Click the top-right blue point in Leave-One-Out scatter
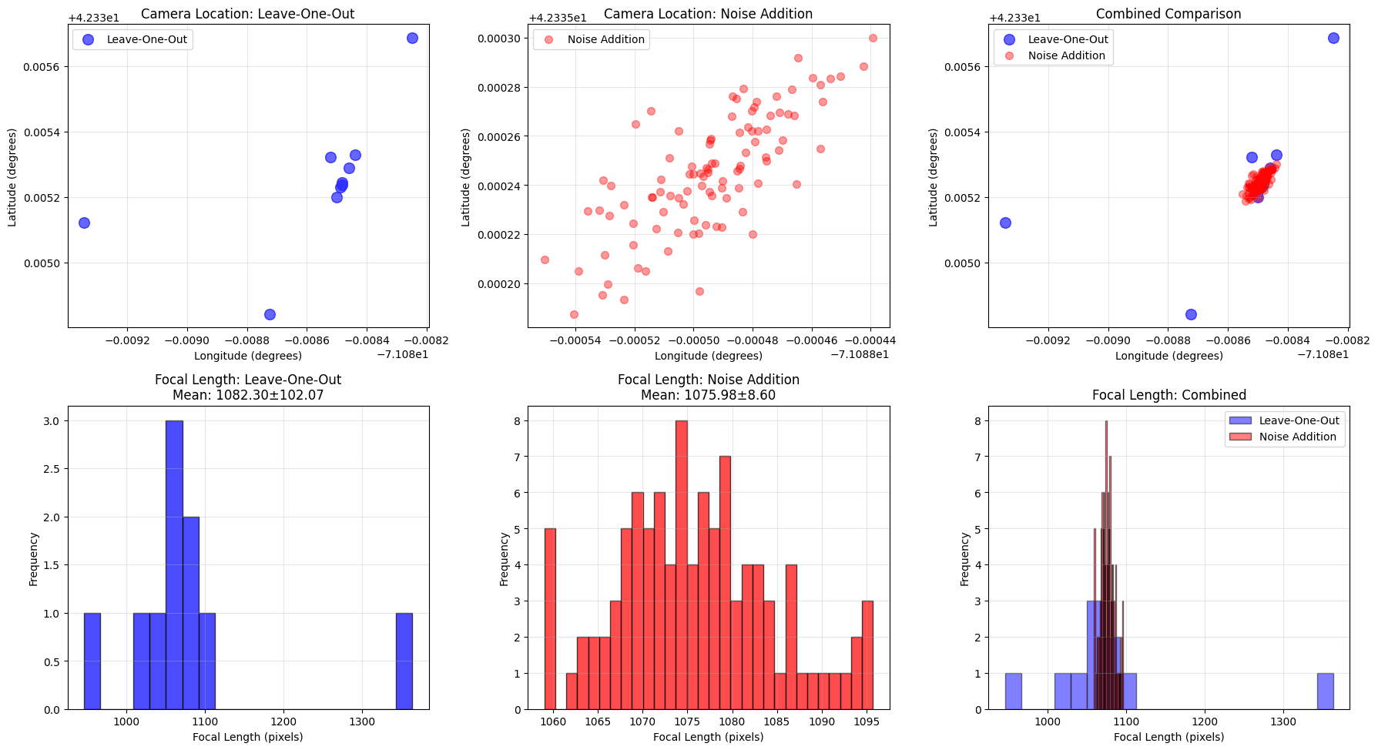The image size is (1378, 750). (x=412, y=38)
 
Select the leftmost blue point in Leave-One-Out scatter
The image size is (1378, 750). (x=84, y=223)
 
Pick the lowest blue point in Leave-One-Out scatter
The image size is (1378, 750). (x=270, y=314)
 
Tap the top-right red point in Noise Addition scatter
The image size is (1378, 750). (x=873, y=38)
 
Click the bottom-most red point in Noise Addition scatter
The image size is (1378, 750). (x=574, y=314)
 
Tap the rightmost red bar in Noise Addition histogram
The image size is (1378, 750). (x=867, y=655)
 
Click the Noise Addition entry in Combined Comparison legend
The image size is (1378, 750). (x=1066, y=55)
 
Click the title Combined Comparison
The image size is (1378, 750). (x=1168, y=14)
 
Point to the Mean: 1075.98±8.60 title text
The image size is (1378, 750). (x=708, y=395)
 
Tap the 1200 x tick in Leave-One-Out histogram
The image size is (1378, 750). (x=283, y=722)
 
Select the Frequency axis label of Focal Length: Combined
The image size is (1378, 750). (x=964, y=559)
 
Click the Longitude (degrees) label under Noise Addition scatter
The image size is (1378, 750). (x=708, y=356)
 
